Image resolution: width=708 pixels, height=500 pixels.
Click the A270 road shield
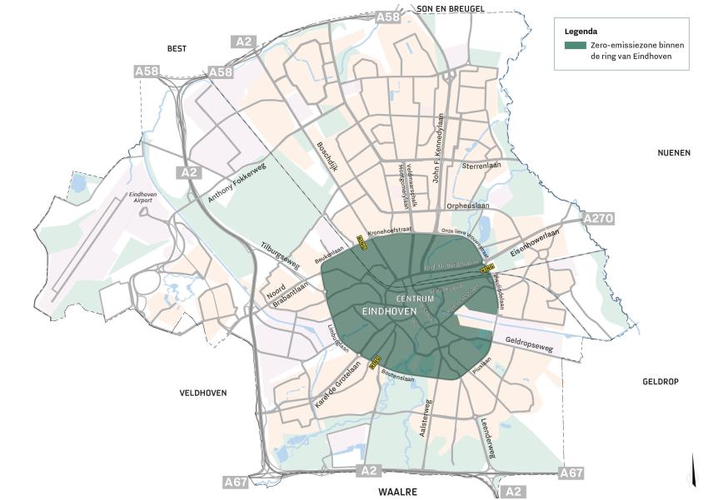point(598,218)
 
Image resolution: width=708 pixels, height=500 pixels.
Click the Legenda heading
point(580,31)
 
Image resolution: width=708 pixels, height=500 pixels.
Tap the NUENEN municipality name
point(675,153)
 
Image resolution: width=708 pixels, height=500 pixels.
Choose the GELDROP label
point(661,382)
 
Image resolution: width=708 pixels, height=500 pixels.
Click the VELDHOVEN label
point(203,392)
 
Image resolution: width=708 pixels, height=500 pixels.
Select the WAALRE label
point(397,492)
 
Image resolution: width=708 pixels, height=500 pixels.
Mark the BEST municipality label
point(177,49)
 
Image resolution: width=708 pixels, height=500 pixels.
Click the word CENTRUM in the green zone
point(415,299)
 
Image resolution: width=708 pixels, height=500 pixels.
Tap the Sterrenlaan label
point(481,166)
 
